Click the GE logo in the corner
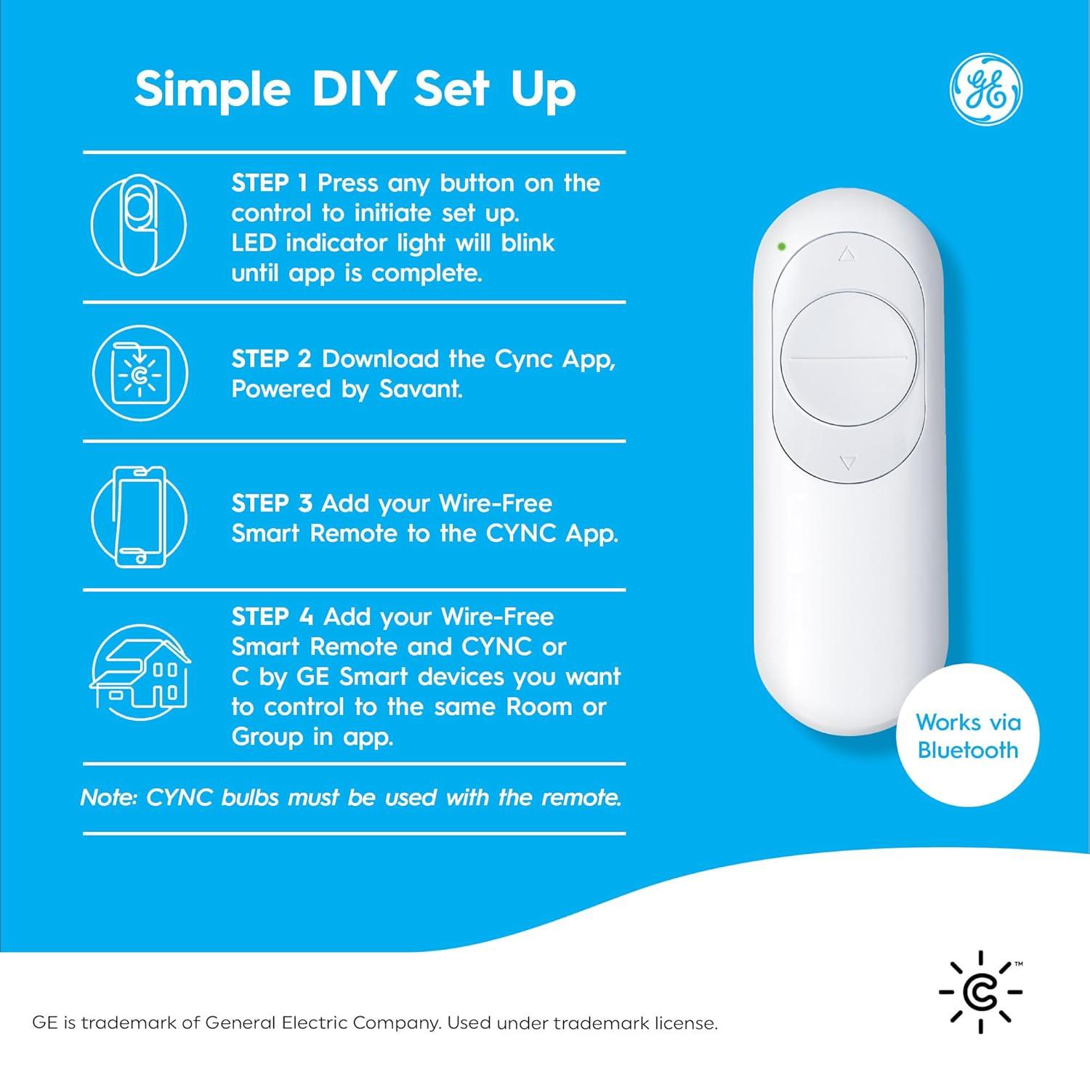click(986, 89)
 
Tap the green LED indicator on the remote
click(781, 246)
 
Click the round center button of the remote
click(847, 358)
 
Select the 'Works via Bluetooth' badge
click(968, 735)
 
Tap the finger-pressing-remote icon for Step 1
click(138, 225)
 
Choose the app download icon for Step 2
click(140, 374)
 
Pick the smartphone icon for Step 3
click(140, 517)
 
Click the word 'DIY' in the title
click(353, 89)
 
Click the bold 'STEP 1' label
click(270, 182)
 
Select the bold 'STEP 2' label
click(272, 358)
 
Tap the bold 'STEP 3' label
click(272, 503)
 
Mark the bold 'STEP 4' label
click(272, 616)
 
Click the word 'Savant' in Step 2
click(421, 389)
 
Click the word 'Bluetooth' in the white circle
click(968, 750)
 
